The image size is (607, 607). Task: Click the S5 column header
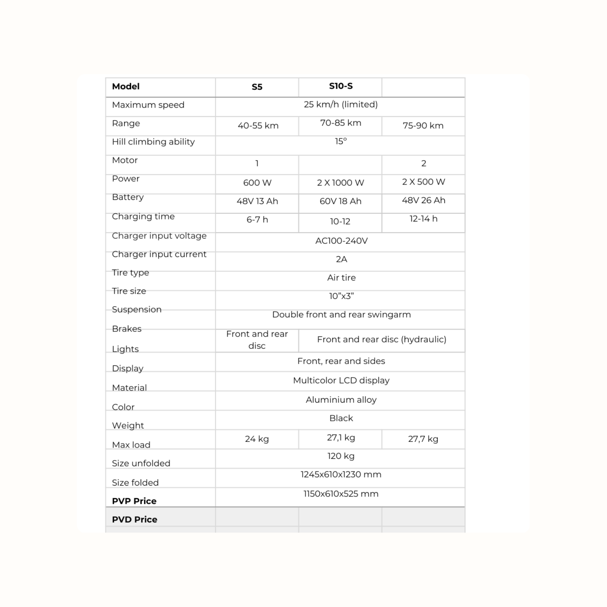coord(257,87)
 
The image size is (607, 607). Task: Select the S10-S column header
coord(341,86)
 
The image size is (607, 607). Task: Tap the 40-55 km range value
coord(258,126)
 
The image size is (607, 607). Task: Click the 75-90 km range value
coord(423,126)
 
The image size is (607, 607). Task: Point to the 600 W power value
coord(257,183)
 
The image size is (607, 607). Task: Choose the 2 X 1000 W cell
coord(340,183)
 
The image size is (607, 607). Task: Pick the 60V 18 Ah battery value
coord(340,201)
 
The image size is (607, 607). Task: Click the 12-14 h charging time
coord(423,219)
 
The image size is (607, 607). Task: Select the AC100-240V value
coord(341,241)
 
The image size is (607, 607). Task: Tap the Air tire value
coord(341,278)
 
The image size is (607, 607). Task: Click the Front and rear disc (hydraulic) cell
coord(382,340)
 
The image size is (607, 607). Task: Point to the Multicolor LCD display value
coord(341,381)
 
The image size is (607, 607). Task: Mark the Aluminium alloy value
coord(341,400)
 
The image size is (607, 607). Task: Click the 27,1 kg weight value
coord(341,438)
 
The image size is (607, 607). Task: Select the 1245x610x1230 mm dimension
coord(341,475)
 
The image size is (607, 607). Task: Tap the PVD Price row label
coord(134,520)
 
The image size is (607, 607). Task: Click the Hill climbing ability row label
coord(153,142)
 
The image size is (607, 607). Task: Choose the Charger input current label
coord(159,255)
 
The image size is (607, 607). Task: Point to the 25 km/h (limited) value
coord(340,105)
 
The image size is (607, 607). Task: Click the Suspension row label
coord(136,310)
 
